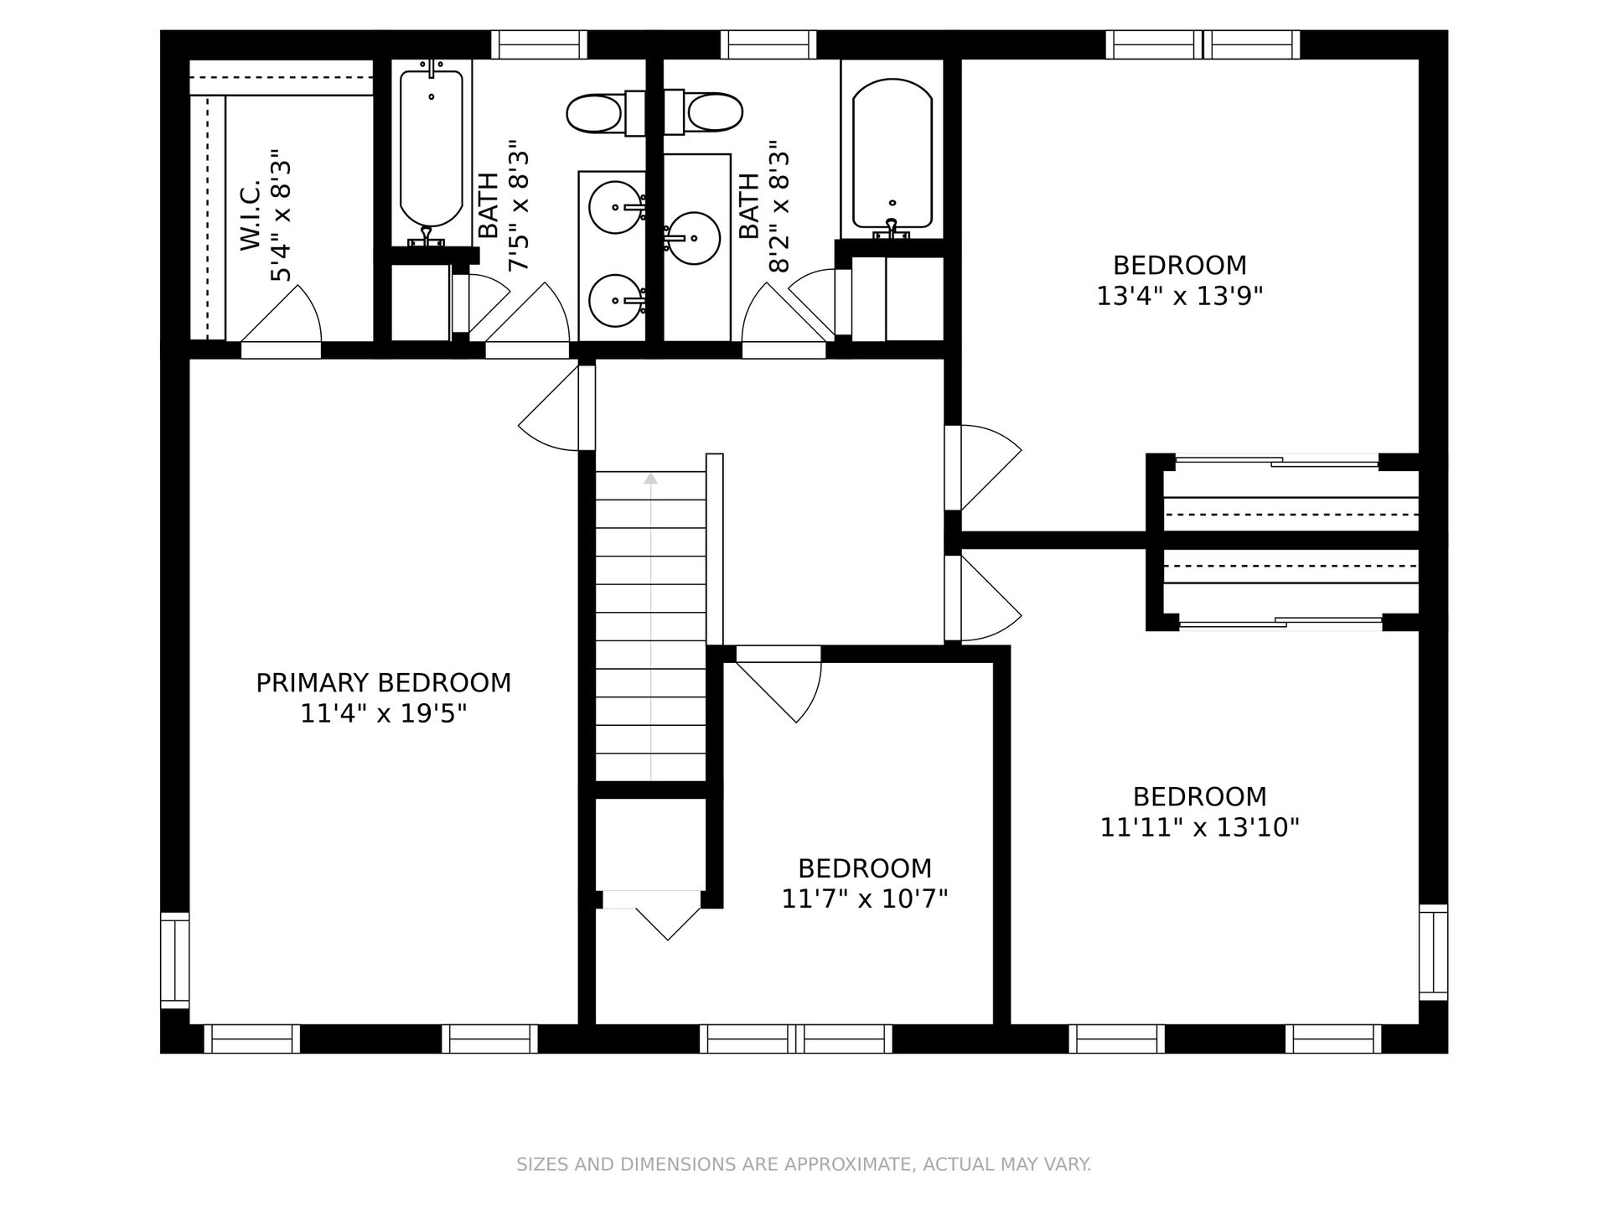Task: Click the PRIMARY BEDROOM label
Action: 383,683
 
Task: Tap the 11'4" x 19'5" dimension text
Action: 383,714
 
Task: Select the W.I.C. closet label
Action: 251,215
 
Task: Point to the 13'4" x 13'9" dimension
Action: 1179,296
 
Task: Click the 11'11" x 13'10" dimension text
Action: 1199,827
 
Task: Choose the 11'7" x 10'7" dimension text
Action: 864,899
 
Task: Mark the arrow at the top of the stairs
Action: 650,479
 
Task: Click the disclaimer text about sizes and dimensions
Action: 804,1164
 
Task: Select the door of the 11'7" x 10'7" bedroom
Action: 778,684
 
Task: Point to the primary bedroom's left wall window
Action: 175,960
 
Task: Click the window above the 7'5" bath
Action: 539,44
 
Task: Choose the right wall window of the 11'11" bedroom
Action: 1433,952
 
